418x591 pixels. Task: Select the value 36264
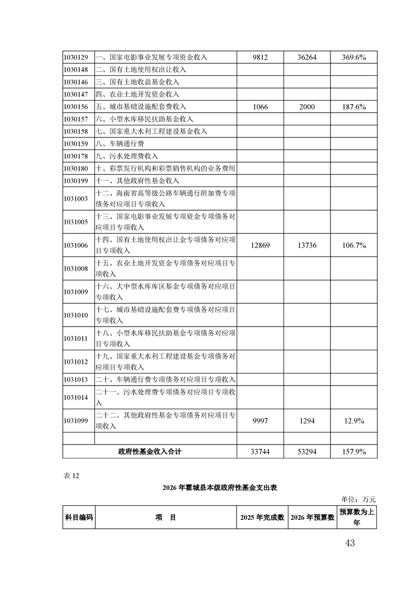click(306, 57)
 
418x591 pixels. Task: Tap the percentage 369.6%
click(353, 57)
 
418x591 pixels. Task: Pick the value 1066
click(260, 107)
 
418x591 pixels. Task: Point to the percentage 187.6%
click(353, 107)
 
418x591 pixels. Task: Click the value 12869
click(260, 245)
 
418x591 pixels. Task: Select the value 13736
click(306, 245)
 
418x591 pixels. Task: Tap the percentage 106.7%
click(353, 245)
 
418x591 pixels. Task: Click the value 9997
click(260, 421)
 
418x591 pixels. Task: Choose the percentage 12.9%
click(353, 421)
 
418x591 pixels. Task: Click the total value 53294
click(306, 452)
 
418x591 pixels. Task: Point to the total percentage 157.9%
click(353, 452)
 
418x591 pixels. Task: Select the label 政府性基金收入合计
click(150, 452)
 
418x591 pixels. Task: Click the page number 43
click(349, 543)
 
